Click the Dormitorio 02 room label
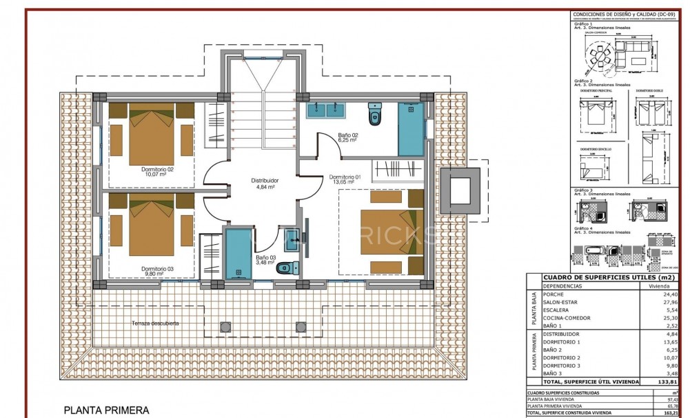[157, 172]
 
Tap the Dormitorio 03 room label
[157, 271]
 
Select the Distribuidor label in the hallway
[263, 183]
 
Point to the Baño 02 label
[347, 137]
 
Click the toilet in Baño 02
[374, 114]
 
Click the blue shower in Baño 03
[239, 255]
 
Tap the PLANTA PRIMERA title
[107, 410]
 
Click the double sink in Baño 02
[326, 109]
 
